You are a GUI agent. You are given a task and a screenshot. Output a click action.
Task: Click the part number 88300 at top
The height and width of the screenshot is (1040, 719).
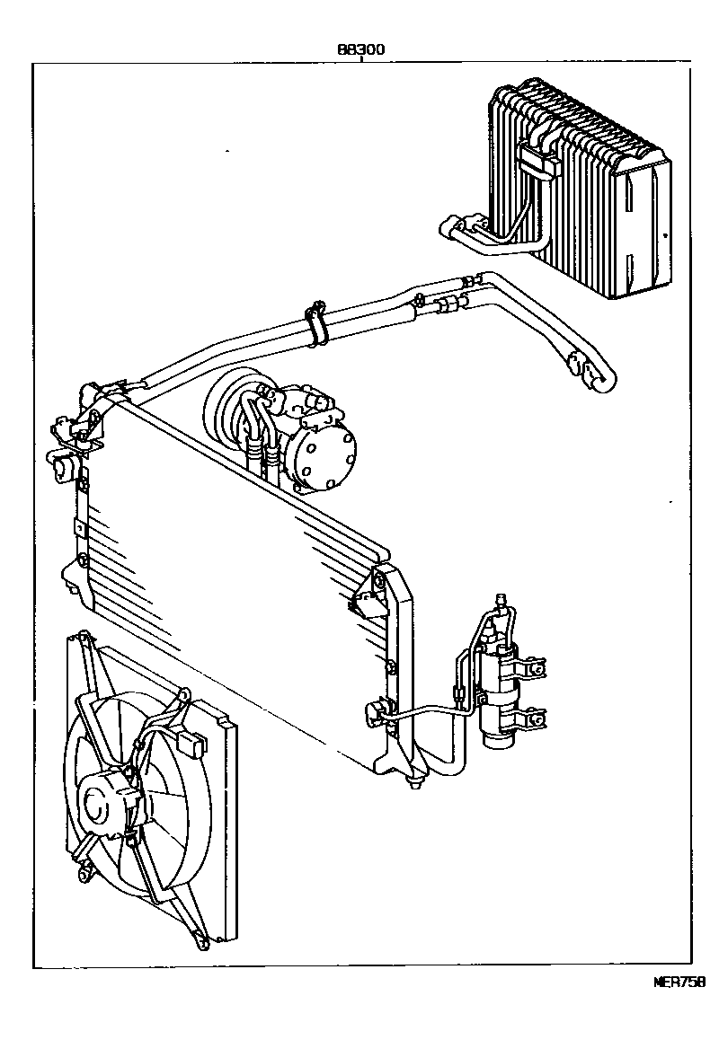(360, 50)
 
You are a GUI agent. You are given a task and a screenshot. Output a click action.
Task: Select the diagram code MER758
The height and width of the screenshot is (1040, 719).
(679, 981)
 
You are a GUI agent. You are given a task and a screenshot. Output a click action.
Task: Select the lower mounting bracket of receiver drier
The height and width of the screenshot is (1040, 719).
(532, 718)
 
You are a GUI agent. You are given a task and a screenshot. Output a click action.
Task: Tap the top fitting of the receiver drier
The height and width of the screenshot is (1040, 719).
(500, 600)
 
